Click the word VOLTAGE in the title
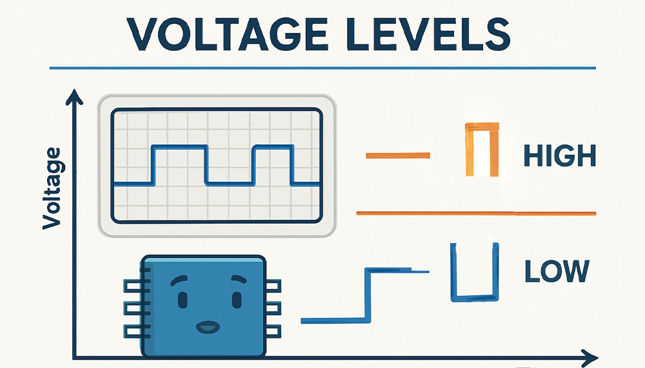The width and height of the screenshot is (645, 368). (227, 34)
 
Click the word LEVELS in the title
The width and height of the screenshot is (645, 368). (431, 34)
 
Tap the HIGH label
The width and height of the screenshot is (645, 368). (559, 155)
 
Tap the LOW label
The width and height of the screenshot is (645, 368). (557, 271)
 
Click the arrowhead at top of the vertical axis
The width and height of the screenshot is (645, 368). (74, 97)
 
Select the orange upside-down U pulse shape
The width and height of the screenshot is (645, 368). (468, 150)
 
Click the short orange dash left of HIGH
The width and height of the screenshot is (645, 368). (398, 155)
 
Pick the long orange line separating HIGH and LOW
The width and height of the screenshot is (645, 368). (476, 213)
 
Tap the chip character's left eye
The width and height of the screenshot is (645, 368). (183, 299)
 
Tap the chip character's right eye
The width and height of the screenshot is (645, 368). (237, 299)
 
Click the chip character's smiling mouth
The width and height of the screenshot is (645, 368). (208, 327)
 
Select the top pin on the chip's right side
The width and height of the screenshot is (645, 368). (273, 286)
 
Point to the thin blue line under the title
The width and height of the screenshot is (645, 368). (323, 68)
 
